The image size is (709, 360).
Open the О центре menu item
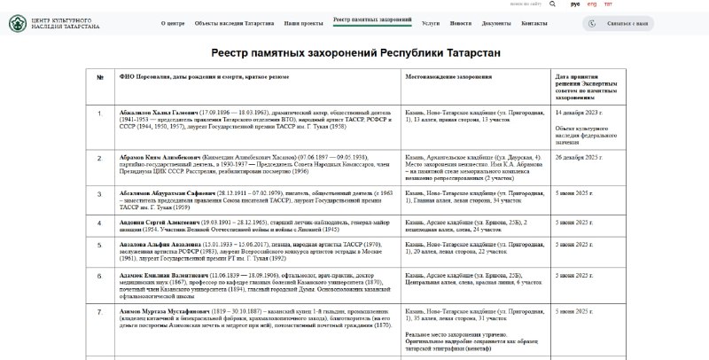point(174,23)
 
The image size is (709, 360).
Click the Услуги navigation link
point(431,23)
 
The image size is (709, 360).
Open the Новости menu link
point(461,23)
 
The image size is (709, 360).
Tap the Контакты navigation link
point(534,23)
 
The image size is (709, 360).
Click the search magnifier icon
point(553,4)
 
